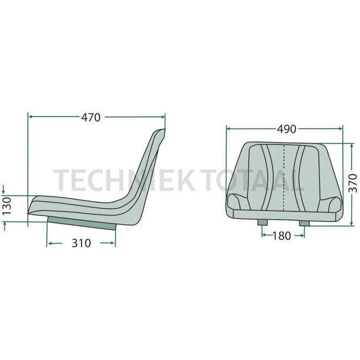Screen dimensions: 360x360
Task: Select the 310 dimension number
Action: pos(81,243)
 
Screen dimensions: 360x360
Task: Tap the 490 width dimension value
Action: pos(286,128)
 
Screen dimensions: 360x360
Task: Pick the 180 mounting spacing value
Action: pos(282,236)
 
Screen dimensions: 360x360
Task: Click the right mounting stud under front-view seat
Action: pos(304,221)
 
